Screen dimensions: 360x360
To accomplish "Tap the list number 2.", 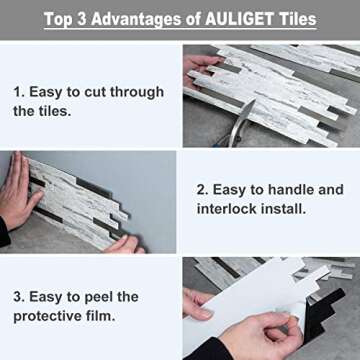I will point(201,189).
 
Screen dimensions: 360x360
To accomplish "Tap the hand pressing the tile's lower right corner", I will point(122,243).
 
